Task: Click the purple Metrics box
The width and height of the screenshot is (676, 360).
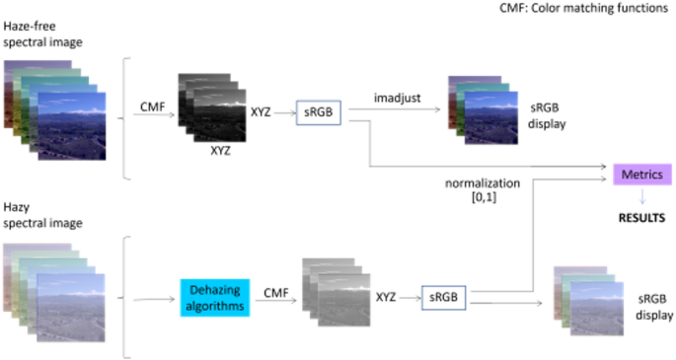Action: pos(642,175)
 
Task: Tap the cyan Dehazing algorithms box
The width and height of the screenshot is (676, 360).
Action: pos(215,298)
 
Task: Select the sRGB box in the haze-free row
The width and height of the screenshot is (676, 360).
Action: pos(319,112)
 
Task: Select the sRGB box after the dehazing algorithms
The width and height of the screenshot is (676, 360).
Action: pos(444,297)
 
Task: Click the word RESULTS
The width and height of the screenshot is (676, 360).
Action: pos(641,218)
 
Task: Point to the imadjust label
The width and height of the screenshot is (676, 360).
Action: pos(397,99)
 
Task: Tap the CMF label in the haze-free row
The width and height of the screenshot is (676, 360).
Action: pos(153,107)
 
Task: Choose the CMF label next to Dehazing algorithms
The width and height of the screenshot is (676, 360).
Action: pos(276,293)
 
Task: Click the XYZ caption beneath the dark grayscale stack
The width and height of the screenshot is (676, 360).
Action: pos(220,151)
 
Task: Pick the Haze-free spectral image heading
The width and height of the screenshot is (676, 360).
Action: pos(42,35)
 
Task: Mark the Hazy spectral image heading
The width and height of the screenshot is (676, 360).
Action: pos(42,215)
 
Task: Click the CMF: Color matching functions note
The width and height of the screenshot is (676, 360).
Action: pos(584,8)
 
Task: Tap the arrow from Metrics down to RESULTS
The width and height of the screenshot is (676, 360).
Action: pos(642,196)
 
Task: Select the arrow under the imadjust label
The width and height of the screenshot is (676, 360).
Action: pos(395,108)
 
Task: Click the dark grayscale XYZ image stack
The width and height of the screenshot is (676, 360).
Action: pos(212,108)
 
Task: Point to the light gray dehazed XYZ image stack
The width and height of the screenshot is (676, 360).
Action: pos(337,292)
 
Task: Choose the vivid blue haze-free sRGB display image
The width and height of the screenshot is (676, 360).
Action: pos(484,110)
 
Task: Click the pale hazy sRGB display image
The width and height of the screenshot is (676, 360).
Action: pos(589,301)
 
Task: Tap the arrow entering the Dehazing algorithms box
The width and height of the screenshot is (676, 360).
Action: pos(154,299)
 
